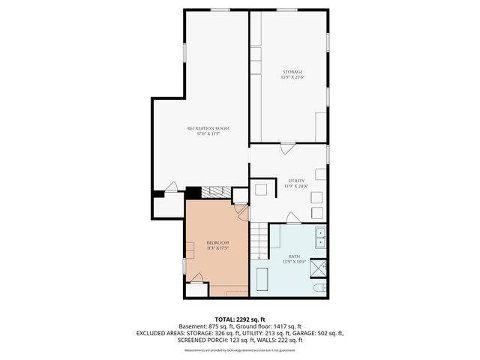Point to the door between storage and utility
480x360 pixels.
tap(287, 149)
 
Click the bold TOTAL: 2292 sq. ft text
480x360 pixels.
tap(239, 319)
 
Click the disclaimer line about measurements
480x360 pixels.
tap(239, 350)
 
